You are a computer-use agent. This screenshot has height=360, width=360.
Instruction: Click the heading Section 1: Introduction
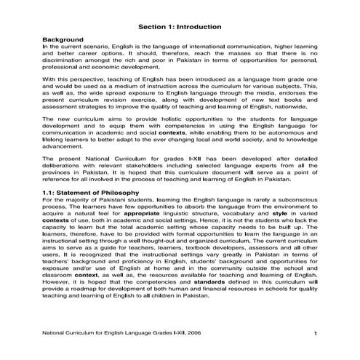(x=180, y=27)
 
